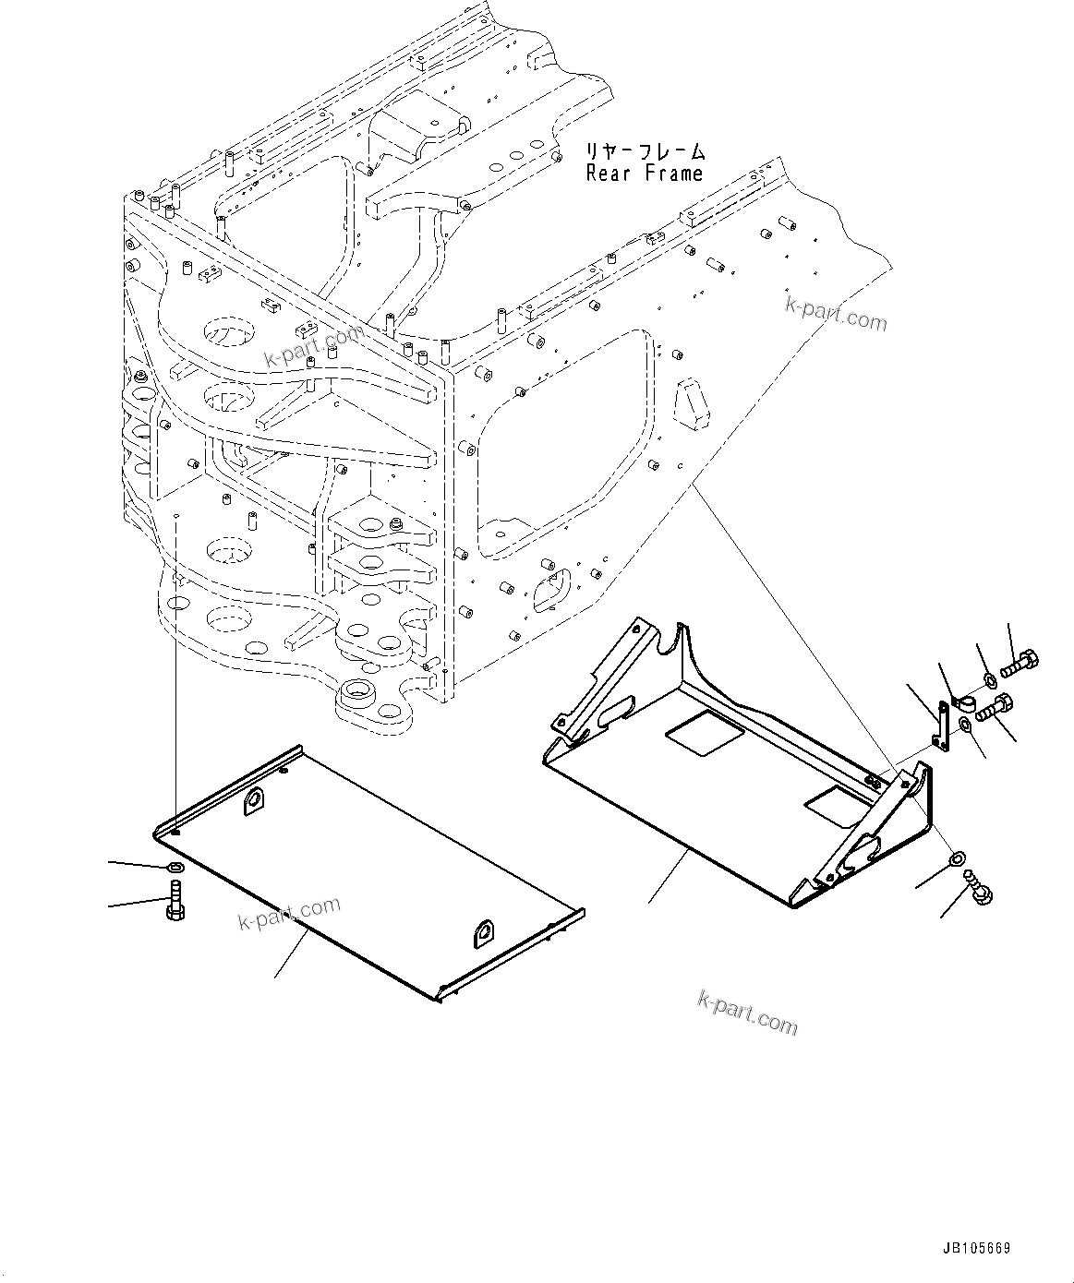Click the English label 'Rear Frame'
coord(644,174)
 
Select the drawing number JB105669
coord(976,1249)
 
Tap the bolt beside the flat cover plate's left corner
coord(175,900)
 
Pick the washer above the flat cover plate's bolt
coord(175,868)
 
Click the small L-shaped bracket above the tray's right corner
coord(939,727)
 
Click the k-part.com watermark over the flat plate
coord(289,914)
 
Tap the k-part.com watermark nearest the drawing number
coord(747,1011)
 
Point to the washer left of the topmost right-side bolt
coord(989,680)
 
